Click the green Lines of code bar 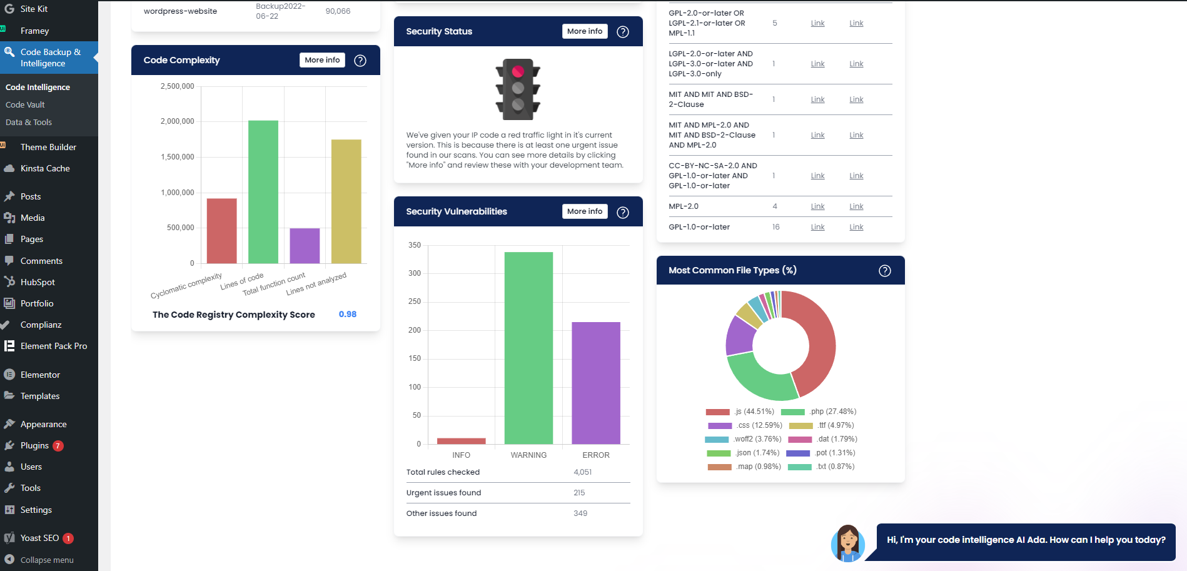point(263,191)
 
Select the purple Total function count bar point(305,245)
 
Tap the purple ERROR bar point(595,383)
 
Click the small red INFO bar point(461,441)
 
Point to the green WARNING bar point(528,348)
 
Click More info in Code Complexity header point(322,60)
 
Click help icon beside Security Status point(623,32)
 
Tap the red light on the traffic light point(518,72)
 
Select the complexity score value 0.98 point(348,314)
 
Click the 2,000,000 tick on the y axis point(178,121)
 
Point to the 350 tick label point(415,245)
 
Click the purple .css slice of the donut point(740,336)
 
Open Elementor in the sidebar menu point(40,375)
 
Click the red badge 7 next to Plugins point(58,446)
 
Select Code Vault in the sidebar point(25,104)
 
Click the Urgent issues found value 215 point(579,493)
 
